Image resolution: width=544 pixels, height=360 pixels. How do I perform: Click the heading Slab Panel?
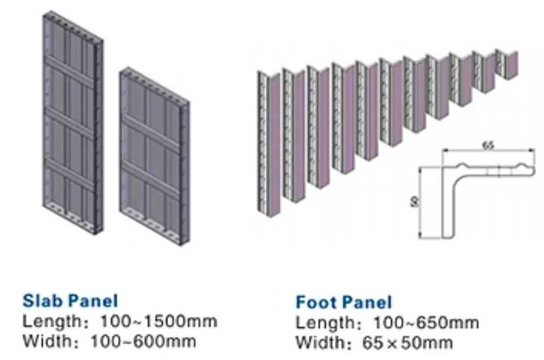70,301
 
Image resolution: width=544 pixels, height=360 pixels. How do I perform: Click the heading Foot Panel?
343,302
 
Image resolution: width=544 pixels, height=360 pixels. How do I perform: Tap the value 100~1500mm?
153,321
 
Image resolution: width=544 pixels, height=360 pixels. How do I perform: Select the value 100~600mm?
143,341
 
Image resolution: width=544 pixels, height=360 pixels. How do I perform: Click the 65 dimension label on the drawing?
487,145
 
